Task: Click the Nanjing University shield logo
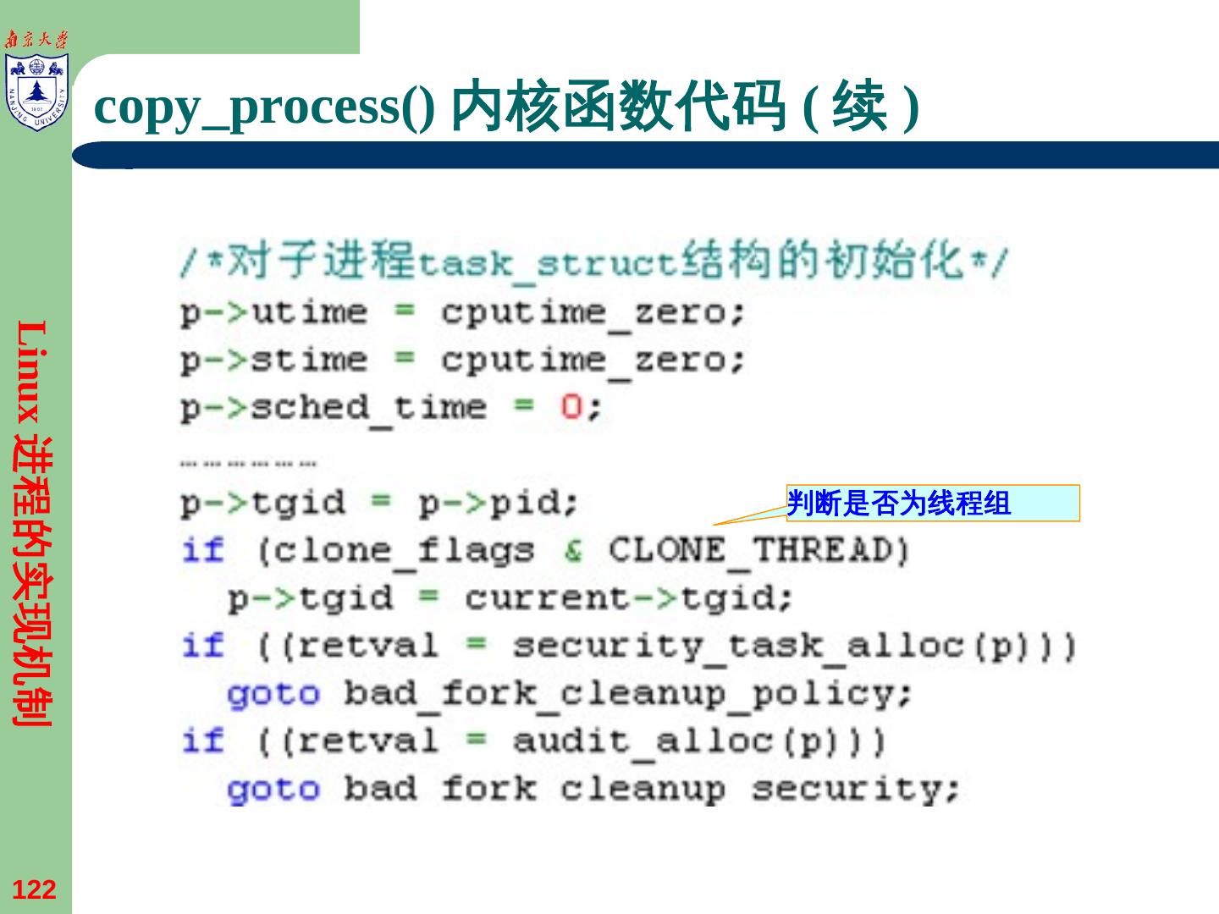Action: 36,92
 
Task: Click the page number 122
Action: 34,889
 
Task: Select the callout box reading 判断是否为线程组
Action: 933,504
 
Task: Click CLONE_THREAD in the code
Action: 758,552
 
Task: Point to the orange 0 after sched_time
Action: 571,408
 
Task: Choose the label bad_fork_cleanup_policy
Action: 626,695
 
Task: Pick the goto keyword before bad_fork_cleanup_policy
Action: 273,695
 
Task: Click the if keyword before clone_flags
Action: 203,552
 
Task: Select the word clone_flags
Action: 394,552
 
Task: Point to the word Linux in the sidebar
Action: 34,372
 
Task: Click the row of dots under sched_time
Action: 248,464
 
